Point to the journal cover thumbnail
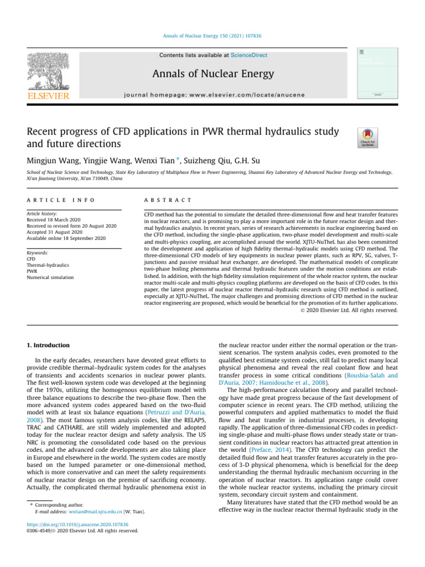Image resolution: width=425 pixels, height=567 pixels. click(x=376, y=73)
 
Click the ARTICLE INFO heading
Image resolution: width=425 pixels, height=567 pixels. click(x=60, y=200)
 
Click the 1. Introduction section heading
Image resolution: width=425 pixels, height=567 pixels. click(x=49, y=345)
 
